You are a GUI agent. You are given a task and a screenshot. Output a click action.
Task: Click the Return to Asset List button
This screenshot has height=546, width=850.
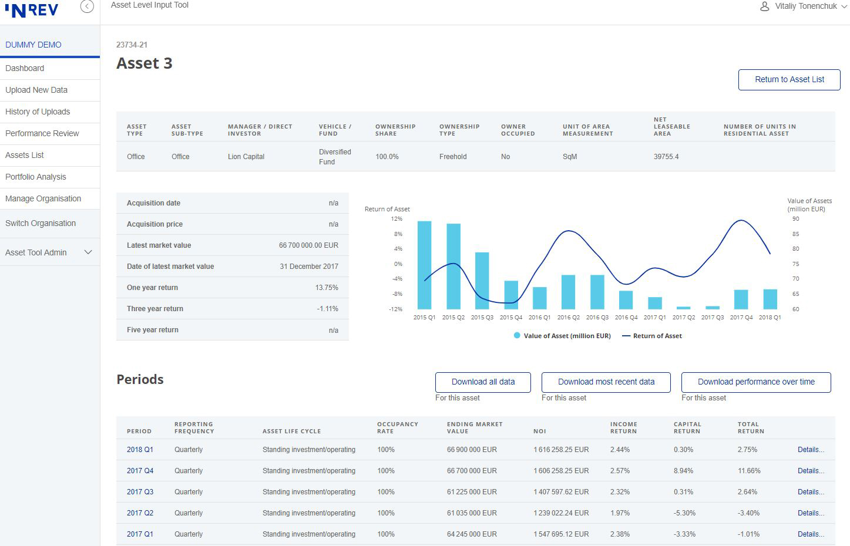789,80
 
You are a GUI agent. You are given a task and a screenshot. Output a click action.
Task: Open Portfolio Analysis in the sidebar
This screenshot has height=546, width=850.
36,177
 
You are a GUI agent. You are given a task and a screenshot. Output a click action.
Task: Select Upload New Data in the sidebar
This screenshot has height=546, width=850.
36,90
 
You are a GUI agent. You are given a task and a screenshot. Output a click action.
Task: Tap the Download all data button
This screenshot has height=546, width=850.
483,382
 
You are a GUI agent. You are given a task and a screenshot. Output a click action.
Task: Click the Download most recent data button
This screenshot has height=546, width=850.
606,382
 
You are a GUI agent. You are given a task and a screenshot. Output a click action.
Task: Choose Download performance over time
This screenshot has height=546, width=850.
756,382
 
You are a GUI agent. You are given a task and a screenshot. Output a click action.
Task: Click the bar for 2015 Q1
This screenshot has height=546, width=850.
424,265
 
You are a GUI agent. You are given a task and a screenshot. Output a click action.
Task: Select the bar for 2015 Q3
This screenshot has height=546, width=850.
482,281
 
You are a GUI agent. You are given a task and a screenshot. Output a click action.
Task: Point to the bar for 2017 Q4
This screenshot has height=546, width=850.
741,299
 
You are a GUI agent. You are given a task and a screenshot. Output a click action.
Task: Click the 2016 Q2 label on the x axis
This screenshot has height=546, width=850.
568,318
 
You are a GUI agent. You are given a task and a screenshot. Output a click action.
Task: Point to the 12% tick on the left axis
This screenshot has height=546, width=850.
396,219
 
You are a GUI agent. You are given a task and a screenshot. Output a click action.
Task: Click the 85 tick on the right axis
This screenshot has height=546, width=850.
796,234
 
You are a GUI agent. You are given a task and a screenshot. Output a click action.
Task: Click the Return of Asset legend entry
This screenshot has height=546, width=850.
652,336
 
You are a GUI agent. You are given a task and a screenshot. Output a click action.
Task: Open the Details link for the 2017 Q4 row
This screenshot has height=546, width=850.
811,470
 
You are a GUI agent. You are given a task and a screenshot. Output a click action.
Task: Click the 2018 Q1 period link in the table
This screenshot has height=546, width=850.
140,450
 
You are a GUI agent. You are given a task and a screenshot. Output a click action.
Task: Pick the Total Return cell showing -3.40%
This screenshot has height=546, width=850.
748,513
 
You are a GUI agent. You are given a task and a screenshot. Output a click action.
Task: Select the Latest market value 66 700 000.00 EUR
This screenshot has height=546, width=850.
308,245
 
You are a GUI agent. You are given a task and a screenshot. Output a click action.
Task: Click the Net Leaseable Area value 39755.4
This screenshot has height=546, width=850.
666,157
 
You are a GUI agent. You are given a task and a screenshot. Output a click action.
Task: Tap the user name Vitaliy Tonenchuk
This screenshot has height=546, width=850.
806,6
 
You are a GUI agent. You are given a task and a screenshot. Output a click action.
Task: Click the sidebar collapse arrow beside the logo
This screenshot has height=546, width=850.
87,6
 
